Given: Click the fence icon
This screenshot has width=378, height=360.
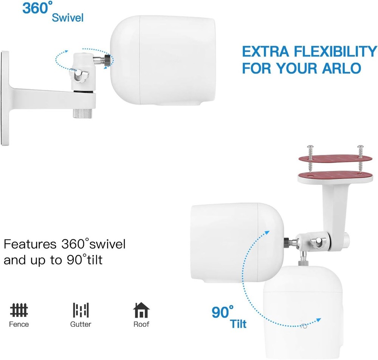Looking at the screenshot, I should click(x=19, y=311).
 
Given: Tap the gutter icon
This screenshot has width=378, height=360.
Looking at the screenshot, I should click(x=81, y=311).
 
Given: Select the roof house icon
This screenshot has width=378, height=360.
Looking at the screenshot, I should click(x=141, y=310).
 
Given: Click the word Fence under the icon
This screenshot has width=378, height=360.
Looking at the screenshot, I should click(x=19, y=324).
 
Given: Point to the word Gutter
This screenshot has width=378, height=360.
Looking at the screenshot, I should click(x=81, y=324).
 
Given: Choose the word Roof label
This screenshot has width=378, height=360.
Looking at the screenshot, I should click(x=141, y=324).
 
